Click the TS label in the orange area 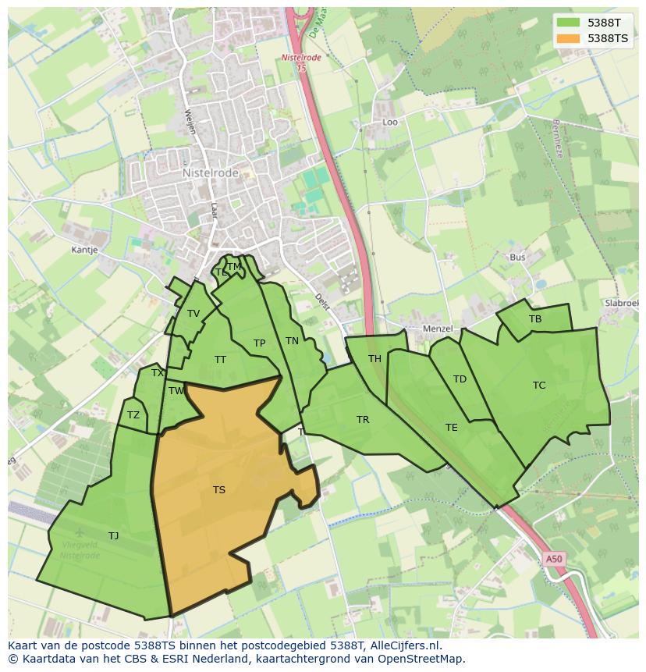coord(218,490)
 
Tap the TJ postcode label coord(114,536)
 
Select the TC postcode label coord(539,386)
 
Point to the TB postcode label coord(535,319)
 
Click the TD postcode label coord(460,379)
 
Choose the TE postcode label coord(452,428)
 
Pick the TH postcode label coord(374,359)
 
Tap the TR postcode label coord(363,420)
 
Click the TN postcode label coord(292,341)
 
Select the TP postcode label coord(259,343)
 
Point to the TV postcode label coord(193,314)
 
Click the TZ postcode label coord(133,415)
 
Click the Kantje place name coord(84,251)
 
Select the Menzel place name coord(437,329)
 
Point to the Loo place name coord(389,123)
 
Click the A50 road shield coord(553,559)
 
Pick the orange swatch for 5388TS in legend coord(569,38)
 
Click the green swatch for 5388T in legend coord(569,23)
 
